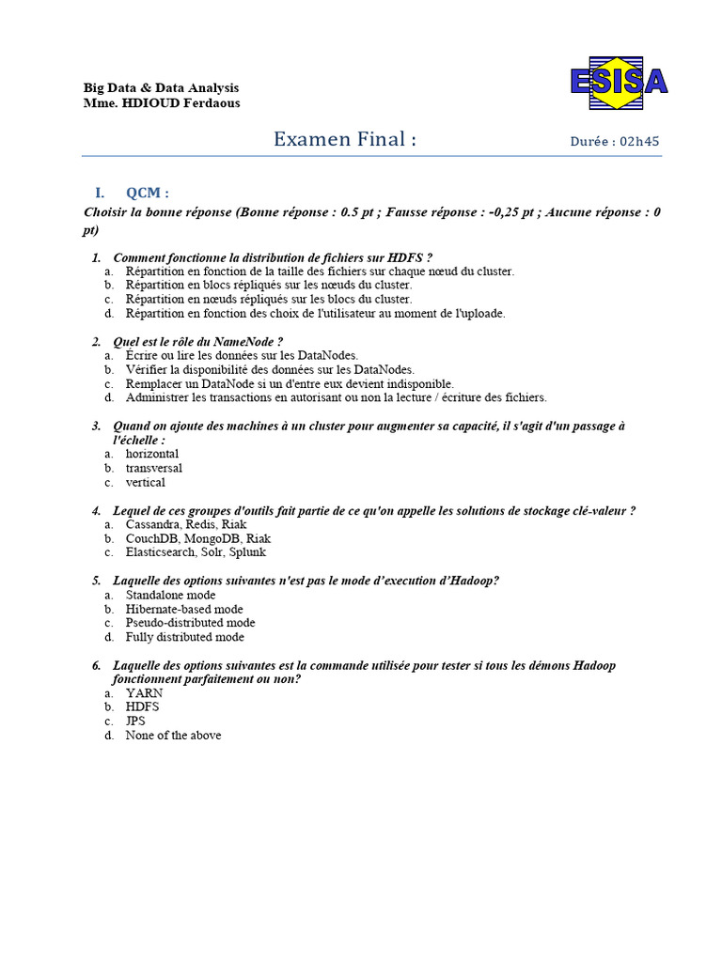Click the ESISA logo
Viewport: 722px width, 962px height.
coord(618,81)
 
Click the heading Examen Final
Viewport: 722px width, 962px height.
coord(344,140)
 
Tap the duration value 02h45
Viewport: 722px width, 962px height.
coord(640,142)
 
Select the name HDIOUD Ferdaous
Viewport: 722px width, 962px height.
coord(180,103)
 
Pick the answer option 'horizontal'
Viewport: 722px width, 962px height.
coord(151,454)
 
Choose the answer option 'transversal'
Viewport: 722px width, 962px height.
coord(153,468)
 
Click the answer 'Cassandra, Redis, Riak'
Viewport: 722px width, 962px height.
coord(186,524)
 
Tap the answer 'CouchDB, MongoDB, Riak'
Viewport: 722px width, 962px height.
coord(197,538)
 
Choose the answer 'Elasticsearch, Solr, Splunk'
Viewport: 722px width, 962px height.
coord(196,552)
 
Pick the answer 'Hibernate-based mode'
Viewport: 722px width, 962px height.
coord(184,609)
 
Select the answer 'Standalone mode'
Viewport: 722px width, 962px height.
coord(170,595)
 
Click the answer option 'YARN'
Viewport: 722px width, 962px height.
coord(144,693)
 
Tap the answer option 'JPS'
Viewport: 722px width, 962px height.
coord(135,721)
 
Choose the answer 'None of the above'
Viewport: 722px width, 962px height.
coord(173,736)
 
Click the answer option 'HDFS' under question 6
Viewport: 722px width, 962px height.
coord(142,707)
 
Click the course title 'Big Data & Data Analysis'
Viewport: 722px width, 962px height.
coord(161,88)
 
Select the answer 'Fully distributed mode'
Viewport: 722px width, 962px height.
coord(184,637)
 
